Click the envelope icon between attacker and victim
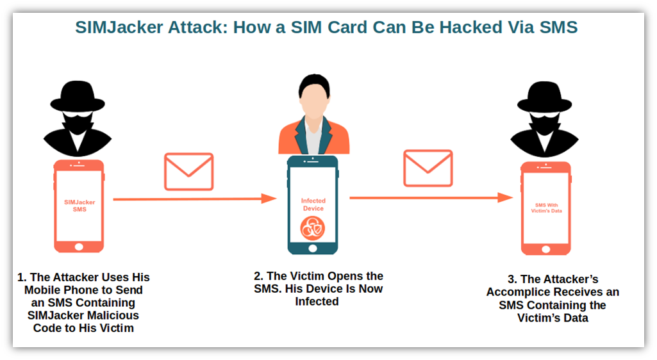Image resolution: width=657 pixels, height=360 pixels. click(188, 171)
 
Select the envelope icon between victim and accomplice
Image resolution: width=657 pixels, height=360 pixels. click(428, 168)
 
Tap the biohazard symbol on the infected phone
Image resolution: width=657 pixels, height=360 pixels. click(313, 228)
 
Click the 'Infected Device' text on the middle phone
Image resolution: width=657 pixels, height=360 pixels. click(313, 204)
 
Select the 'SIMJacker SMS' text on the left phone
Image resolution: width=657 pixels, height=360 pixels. click(79, 206)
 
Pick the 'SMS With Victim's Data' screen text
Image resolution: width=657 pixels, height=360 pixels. click(546, 208)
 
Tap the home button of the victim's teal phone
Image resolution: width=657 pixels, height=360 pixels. click(313, 248)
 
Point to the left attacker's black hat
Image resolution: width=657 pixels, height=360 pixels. click(78, 96)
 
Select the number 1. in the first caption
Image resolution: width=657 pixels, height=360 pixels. click(22, 277)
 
